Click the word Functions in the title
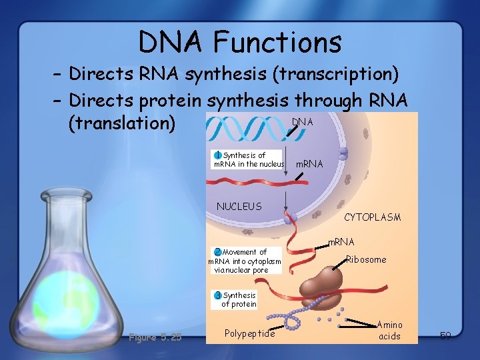point(277,43)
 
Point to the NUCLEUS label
point(239,207)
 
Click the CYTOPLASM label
point(372,217)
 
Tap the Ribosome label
point(366,259)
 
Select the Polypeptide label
point(249,333)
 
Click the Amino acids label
point(389,331)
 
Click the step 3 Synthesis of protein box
point(235,299)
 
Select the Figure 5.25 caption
point(154,337)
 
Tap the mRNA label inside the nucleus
point(309,164)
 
